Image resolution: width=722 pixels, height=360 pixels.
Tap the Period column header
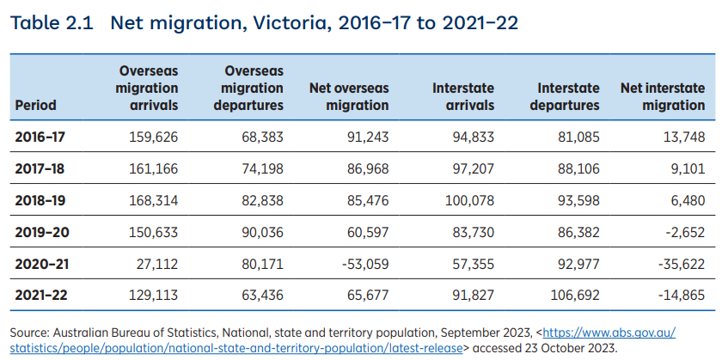35,106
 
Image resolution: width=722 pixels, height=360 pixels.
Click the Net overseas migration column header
348,97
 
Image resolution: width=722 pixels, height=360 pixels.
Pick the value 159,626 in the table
153,137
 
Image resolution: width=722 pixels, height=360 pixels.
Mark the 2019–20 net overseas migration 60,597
364,232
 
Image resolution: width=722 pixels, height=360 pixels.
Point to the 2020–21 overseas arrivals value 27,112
157,264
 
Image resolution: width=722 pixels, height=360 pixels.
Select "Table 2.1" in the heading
52,23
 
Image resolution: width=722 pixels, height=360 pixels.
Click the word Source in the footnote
30,333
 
